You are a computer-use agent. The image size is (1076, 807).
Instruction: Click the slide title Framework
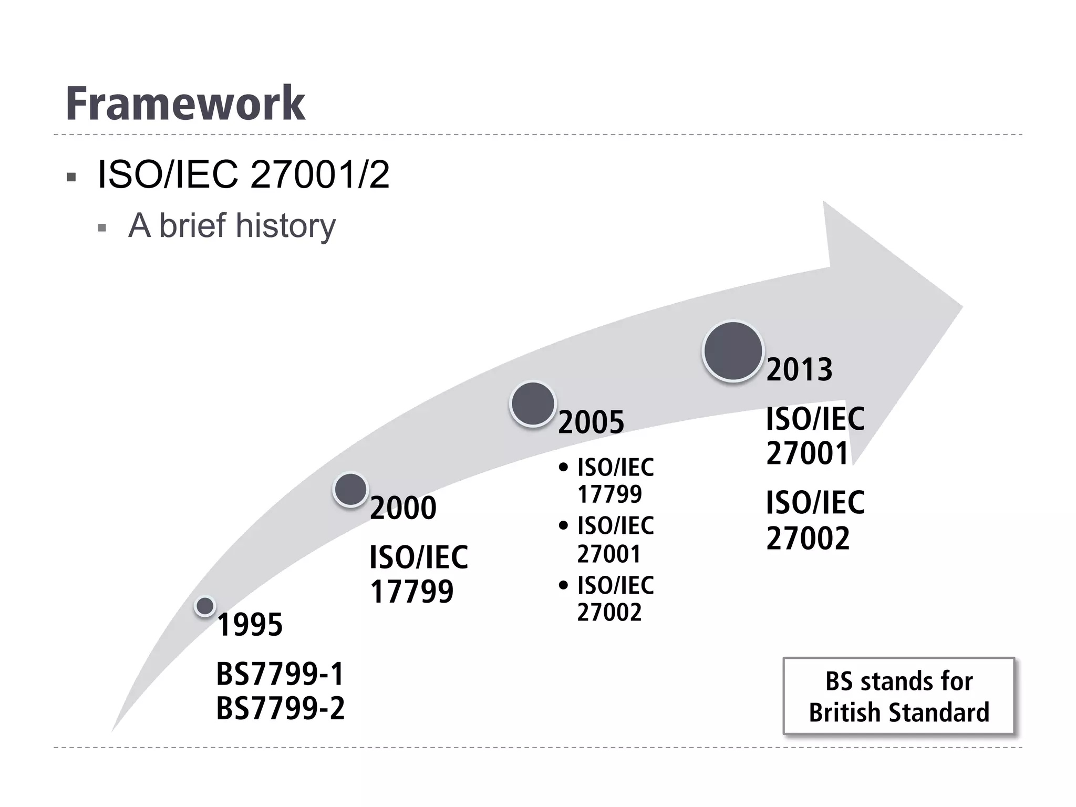[185, 104]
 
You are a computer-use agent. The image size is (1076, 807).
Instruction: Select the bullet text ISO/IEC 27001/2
[243, 174]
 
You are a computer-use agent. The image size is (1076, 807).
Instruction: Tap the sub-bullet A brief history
[232, 225]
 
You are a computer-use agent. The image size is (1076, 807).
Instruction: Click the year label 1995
[250, 625]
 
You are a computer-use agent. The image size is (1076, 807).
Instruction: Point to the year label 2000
[403, 508]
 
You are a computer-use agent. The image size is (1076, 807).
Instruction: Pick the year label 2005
[591, 422]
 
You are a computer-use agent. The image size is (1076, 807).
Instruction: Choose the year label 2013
[799, 369]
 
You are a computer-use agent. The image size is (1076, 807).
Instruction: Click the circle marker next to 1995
[205, 606]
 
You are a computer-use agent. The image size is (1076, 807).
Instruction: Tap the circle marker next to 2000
[350, 490]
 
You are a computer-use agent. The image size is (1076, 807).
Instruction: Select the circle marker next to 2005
[533, 403]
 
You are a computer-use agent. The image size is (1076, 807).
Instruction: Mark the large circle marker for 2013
[733, 350]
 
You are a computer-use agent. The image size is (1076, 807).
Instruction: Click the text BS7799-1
[280, 674]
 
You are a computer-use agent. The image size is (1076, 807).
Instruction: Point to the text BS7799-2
[280, 708]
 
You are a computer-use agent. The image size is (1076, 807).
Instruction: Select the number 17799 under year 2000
[411, 592]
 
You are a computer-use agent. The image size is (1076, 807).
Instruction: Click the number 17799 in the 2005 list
[609, 494]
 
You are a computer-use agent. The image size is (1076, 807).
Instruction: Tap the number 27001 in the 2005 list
[609, 554]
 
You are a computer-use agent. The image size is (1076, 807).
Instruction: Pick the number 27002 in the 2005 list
[609, 612]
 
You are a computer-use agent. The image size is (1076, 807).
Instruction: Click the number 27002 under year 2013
[808, 538]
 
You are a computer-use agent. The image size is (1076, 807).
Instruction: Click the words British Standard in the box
[899, 713]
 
